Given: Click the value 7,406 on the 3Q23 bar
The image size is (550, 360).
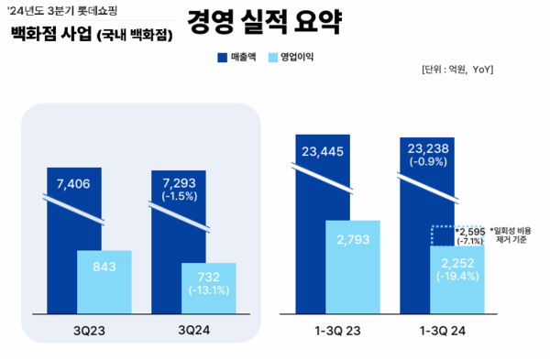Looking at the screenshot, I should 74,183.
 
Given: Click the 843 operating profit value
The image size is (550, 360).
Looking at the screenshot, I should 104,267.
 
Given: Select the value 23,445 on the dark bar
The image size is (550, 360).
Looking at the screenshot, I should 324,151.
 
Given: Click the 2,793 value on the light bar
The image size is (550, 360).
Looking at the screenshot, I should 353,242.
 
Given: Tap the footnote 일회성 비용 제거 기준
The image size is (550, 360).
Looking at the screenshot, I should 515,235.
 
